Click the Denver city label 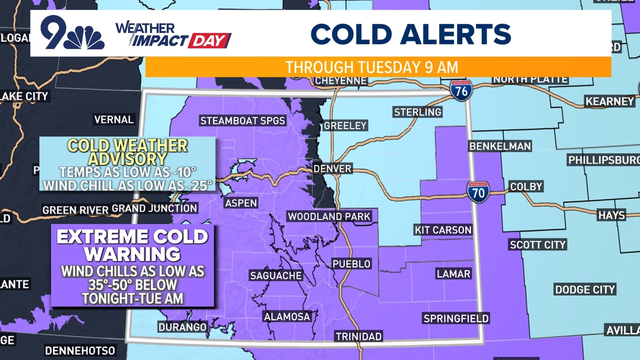[332, 168]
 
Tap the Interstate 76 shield [461, 91]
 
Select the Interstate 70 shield [478, 192]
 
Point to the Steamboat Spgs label [243, 121]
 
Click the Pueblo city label [351, 263]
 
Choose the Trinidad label [359, 336]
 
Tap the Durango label [182, 327]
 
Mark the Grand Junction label [154, 208]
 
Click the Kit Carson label [443, 230]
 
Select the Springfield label [456, 318]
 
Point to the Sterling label [417, 112]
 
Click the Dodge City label [585, 290]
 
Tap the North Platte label [530, 79]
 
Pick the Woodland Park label [329, 216]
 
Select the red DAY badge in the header [209, 41]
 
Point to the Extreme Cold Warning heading [132, 245]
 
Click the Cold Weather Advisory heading [127, 152]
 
